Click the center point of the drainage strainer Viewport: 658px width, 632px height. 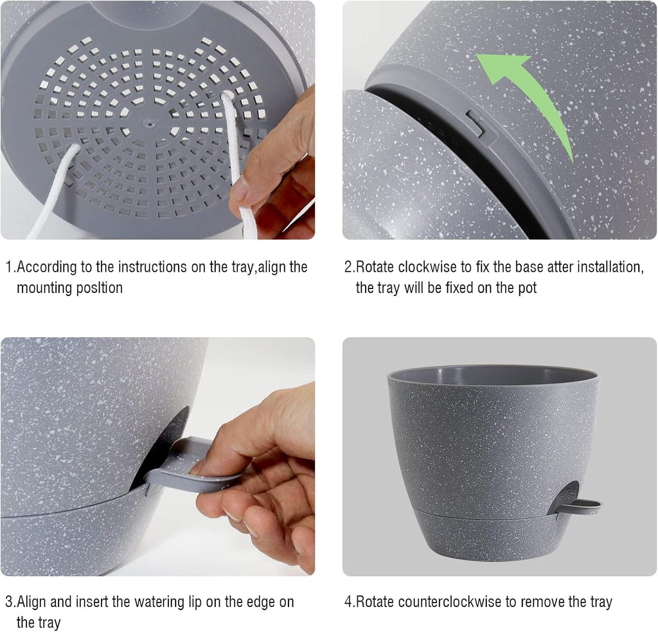pyautogui.click(x=150, y=119)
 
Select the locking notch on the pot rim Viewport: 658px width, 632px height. pyautogui.click(x=477, y=125)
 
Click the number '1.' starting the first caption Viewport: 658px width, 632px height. pyautogui.click(x=10, y=267)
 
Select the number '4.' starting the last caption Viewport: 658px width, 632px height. pyautogui.click(x=350, y=602)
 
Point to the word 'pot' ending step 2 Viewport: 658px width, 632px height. pyautogui.click(x=526, y=288)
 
